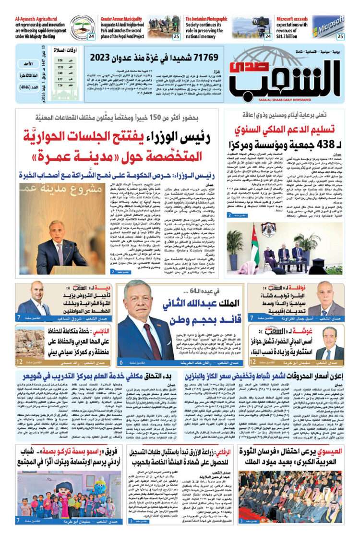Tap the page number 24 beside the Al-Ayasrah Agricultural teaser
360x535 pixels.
pos(91,36)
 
